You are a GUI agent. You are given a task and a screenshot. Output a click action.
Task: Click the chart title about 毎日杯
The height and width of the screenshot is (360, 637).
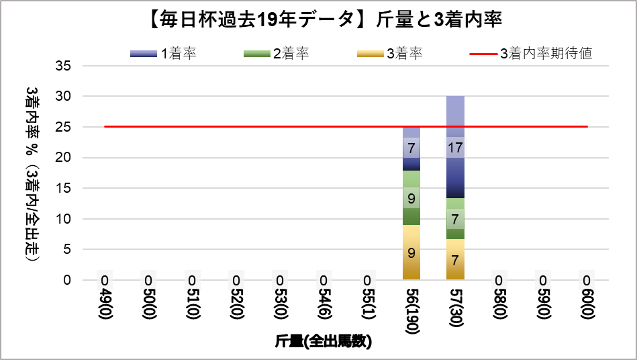point(318,19)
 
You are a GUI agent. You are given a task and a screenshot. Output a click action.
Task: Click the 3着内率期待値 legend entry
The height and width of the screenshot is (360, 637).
point(530,54)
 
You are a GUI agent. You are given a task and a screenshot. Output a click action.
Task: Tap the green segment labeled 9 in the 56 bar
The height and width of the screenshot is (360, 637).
point(411,198)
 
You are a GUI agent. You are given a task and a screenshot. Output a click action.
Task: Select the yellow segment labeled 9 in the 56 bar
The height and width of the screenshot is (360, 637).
point(411,253)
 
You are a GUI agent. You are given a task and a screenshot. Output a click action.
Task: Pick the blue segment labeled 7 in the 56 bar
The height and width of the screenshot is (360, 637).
point(411,148)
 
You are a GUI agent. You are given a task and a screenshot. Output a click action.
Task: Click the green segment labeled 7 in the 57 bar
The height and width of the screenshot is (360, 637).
point(455,219)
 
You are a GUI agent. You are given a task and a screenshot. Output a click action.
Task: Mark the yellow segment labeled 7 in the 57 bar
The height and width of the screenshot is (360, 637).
point(455,259)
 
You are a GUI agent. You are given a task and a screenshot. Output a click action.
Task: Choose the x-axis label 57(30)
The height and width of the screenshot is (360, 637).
point(455,306)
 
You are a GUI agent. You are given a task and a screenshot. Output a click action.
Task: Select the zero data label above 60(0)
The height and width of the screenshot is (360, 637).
point(587,280)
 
